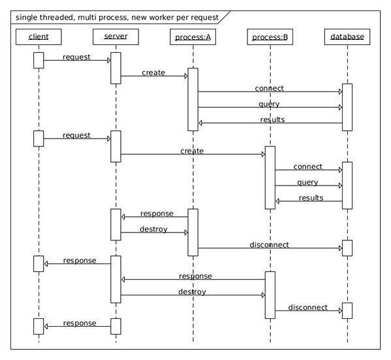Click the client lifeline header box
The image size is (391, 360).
pyautogui.click(x=39, y=37)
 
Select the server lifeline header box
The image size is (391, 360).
pyautogui.click(x=116, y=37)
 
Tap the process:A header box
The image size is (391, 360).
pyautogui.click(x=193, y=37)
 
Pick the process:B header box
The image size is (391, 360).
pyautogui.click(x=270, y=37)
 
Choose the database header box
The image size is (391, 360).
pyautogui.click(x=347, y=37)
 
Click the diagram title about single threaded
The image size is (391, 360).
pyautogui.click(x=117, y=18)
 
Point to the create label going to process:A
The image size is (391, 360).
pyautogui.click(x=153, y=73)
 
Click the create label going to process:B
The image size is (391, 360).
pyautogui.click(x=192, y=151)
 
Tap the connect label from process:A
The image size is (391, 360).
pyautogui.click(x=270, y=88)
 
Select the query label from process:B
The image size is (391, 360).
pyautogui.click(x=307, y=182)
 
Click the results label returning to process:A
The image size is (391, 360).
pyautogui.click(x=272, y=120)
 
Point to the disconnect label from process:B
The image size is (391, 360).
pyautogui.click(x=308, y=307)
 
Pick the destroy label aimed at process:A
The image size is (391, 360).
pyautogui.click(x=153, y=229)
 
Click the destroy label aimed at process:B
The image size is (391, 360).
pyautogui.click(x=193, y=292)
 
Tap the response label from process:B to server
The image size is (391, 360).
pyautogui.click(x=196, y=276)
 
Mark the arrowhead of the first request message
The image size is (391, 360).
pyautogui.click(x=109, y=60)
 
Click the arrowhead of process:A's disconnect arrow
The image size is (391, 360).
pyautogui.click(x=341, y=248)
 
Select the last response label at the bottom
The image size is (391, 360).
pyautogui.click(x=80, y=323)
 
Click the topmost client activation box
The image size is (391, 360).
pyautogui.click(x=39, y=60)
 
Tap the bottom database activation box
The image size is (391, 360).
pyautogui.click(x=347, y=310)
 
